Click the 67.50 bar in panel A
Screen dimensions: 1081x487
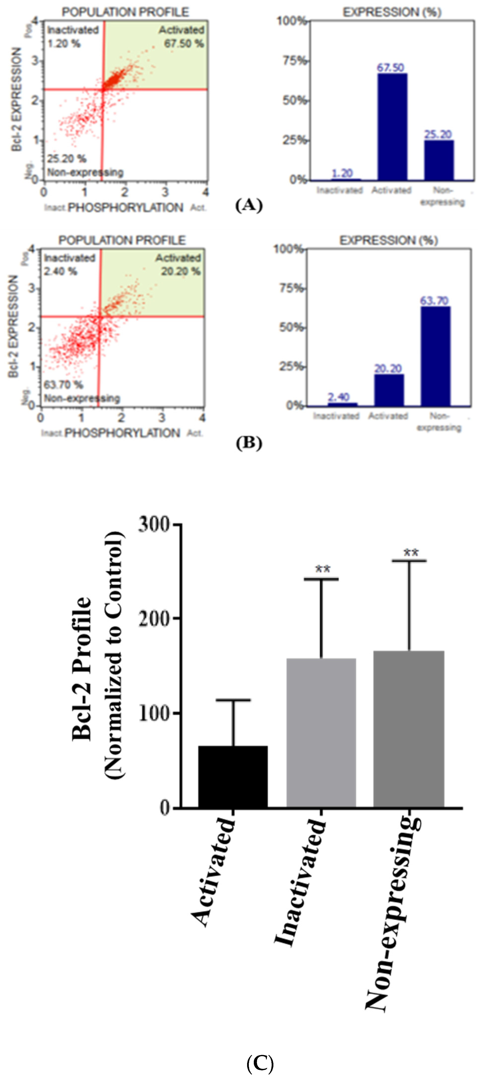pos(392,127)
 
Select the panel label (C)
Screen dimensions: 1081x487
pos(260,1064)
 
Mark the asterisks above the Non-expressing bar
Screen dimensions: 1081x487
pos(411,553)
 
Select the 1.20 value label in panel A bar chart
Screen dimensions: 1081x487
pos(342,173)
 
